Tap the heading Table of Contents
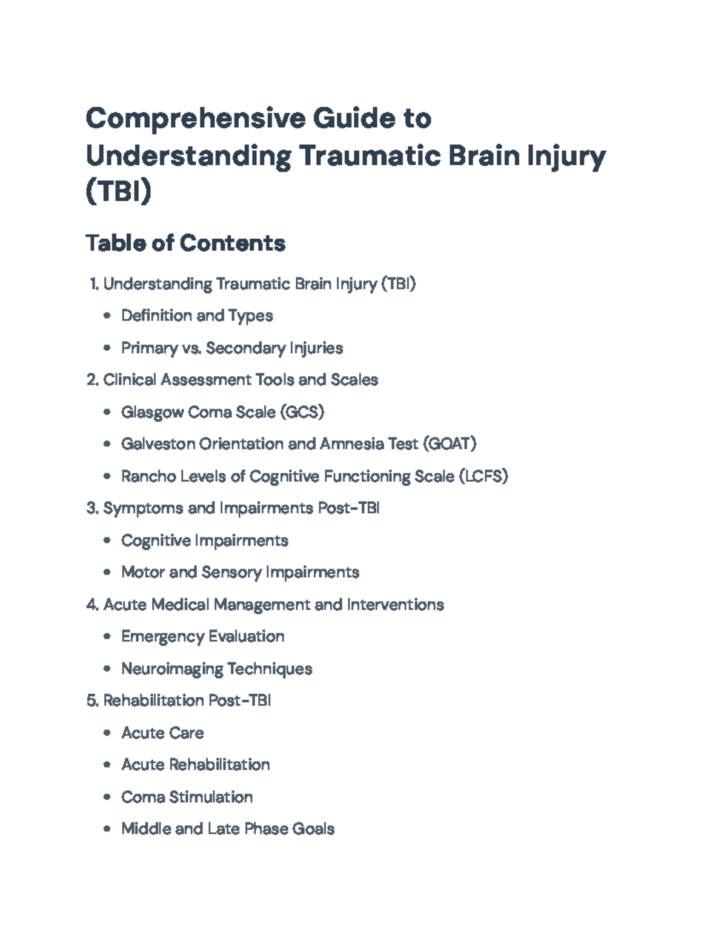tap(185, 243)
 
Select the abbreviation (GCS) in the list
tap(302, 412)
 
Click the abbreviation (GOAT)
tap(450, 444)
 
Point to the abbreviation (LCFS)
tap(483, 476)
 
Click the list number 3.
tap(92, 508)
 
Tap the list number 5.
tap(92, 701)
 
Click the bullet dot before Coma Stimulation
tap(107, 797)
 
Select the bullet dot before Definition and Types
tap(107, 316)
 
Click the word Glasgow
tap(152, 412)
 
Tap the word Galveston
tap(158, 444)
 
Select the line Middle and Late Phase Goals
tap(228, 829)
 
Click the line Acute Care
tap(162, 733)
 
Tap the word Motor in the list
tap(142, 573)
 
